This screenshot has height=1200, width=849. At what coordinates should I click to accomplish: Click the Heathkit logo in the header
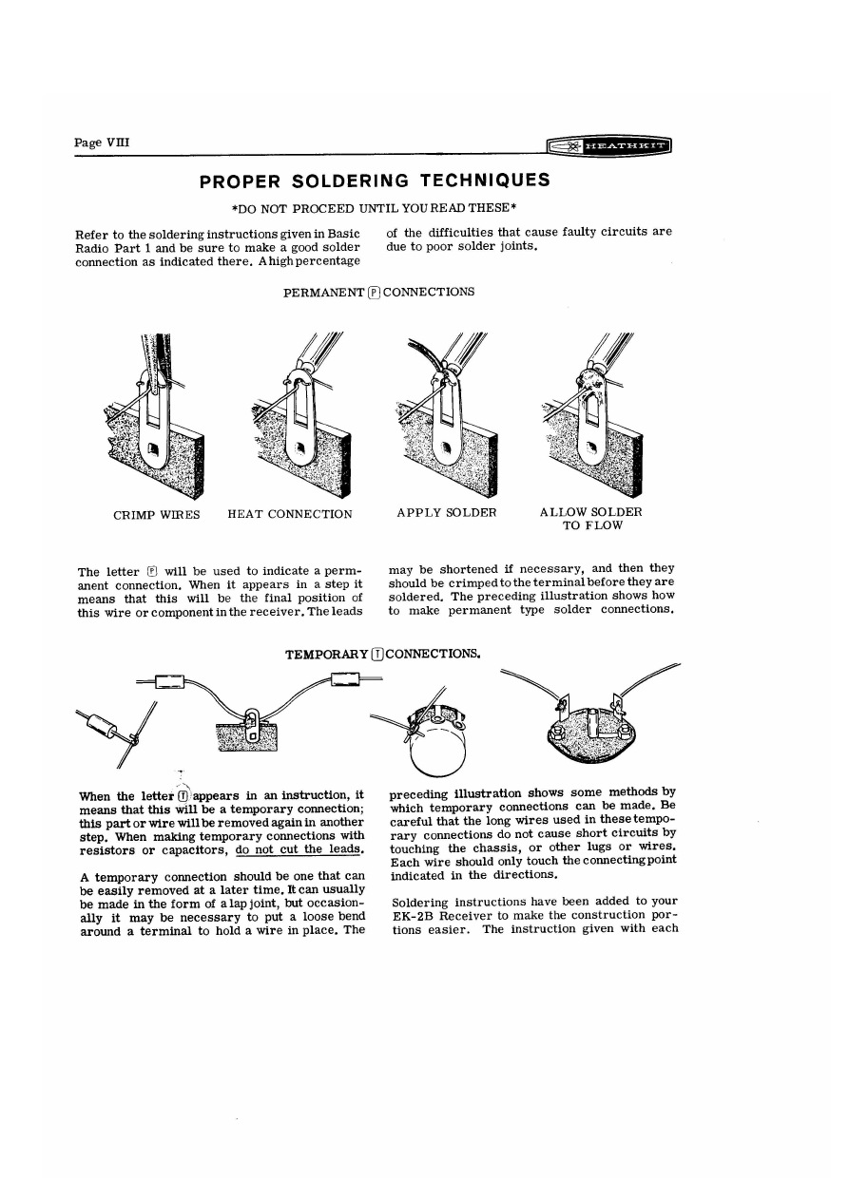point(609,146)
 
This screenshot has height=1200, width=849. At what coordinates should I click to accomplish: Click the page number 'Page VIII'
point(102,143)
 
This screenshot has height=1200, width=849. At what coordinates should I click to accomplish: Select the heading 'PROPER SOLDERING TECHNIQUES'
point(375,181)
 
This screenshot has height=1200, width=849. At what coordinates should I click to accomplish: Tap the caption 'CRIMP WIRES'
point(157,514)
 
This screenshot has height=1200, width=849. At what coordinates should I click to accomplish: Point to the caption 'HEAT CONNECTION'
point(290,514)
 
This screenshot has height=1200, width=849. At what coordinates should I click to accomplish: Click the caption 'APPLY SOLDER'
point(447,512)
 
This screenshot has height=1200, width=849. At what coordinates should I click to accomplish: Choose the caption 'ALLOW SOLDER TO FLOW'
point(590,519)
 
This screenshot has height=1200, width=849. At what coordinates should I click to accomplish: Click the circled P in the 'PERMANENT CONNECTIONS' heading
point(375,293)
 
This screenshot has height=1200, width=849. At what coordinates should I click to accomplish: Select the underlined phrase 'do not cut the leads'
point(293,849)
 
